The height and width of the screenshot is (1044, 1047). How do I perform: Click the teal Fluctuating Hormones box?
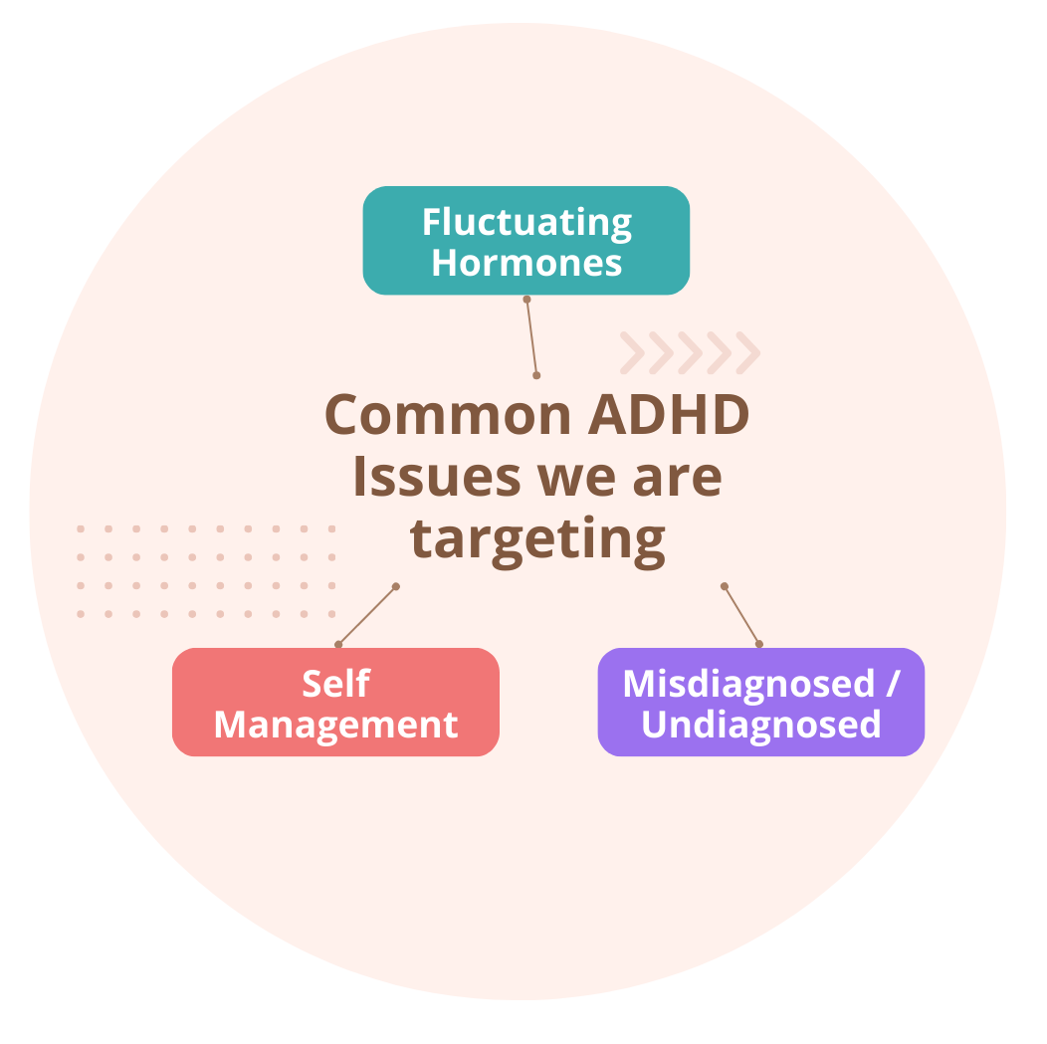(526, 240)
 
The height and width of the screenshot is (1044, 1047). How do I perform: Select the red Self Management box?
(335, 702)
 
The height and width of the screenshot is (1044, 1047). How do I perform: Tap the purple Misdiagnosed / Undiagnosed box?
(761, 702)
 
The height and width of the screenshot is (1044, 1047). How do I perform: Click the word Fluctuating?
(526, 223)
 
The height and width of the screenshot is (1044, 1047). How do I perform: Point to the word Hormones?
(526, 263)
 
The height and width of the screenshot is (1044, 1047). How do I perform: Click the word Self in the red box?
(335, 684)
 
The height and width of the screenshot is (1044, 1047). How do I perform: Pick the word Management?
(335, 726)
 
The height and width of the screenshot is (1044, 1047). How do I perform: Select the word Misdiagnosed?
(748, 685)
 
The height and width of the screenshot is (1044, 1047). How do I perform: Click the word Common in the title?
(448, 415)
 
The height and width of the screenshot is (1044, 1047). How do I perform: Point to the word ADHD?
(669, 415)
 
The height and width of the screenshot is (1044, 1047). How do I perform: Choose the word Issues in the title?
(437, 477)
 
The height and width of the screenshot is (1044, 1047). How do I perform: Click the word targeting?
(538, 541)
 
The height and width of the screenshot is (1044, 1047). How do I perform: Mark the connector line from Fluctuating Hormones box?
(531, 337)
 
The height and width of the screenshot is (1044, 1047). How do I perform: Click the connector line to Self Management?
(367, 615)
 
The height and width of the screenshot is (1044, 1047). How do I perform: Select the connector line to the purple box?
(741, 615)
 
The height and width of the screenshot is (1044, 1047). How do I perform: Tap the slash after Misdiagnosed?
(893, 684)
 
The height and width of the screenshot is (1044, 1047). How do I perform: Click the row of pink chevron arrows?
(691, 352)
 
